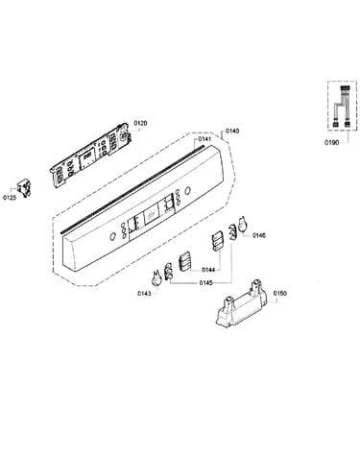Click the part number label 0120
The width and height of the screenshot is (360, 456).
(140, 123)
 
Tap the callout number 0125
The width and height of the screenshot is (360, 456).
(10, 198)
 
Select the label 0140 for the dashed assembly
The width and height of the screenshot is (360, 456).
(232, 131)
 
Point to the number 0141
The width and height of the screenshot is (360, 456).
(204, 139)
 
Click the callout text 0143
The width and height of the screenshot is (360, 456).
(144, 294)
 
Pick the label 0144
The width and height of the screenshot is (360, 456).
(208, 270)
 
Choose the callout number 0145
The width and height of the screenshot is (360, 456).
(205, 283)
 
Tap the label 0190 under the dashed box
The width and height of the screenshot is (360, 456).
(331, 143)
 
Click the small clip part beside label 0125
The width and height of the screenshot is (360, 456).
(24, 188)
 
